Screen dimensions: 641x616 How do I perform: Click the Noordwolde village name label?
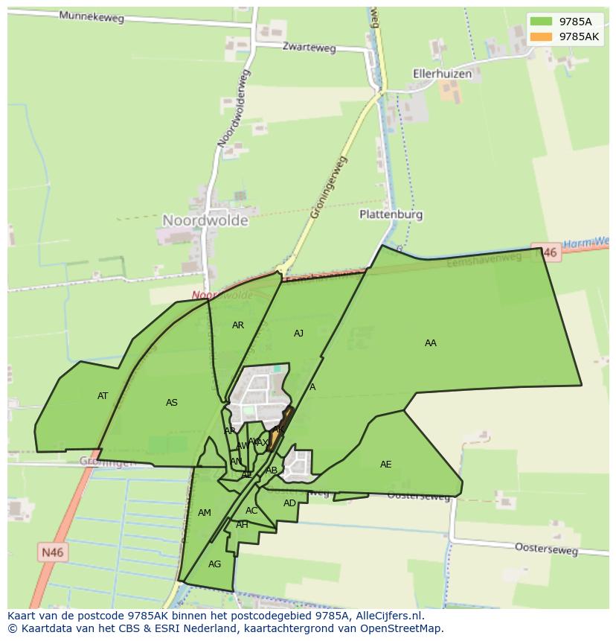[205, 220]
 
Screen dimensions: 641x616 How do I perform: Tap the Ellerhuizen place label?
[443, 74]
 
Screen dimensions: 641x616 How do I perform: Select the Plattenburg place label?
[391, 214]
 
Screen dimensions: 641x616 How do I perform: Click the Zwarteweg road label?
[309, 47]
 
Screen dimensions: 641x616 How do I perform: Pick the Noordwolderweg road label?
[234, 108]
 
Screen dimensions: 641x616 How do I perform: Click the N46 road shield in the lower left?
[52, 552]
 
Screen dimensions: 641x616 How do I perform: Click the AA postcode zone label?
[431, 343]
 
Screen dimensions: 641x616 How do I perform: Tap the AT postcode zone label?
[103, 396]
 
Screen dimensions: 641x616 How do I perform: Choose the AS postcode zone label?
[172, 403]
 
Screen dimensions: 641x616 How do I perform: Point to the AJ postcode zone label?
[298, 334]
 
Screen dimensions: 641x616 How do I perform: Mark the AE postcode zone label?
[385, 465]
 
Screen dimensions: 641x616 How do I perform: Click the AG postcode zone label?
[214, 564]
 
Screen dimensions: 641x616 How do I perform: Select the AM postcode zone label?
[205, 513]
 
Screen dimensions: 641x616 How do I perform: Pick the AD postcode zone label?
[289, 503]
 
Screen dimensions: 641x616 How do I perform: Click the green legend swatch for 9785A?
[541, 22]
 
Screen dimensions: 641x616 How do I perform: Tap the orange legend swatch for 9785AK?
[541, 36]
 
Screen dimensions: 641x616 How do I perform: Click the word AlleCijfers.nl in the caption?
[386, 616]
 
